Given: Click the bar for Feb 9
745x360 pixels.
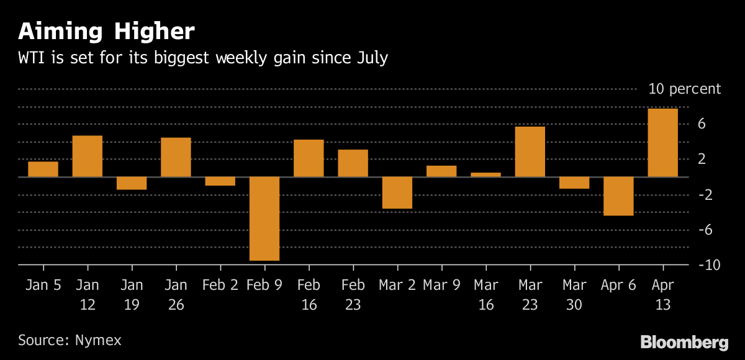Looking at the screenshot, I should click(x=264, y=218).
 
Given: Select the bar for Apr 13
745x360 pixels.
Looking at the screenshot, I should click(x=662, y=143).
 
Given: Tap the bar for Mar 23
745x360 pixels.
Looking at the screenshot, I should click(x=530, y=151).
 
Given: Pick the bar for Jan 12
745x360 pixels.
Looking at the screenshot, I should click(x=88, y=156).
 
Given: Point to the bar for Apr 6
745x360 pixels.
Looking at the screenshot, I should click(x=618, y=196).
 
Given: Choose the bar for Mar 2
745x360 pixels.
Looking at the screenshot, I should click(x=397, y=192).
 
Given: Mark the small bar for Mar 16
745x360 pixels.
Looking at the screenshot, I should click(x=486, y=174).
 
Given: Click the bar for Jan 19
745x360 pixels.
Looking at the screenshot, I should click(x=132, y=183).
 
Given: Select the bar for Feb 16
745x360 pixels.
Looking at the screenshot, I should click(x=309, y=158).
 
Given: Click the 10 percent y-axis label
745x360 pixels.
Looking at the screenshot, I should click(x=684, y=89).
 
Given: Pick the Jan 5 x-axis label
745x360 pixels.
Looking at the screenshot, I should click(x=43, y=286).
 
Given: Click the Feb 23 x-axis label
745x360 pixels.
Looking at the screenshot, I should click(x=353, y=295).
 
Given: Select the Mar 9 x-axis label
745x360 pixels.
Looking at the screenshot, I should click(x=441, y=286).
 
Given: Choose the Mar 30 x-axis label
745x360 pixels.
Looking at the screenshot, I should click(x=574, y=295).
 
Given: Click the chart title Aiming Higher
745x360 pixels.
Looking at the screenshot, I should click(x=106, y=31).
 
